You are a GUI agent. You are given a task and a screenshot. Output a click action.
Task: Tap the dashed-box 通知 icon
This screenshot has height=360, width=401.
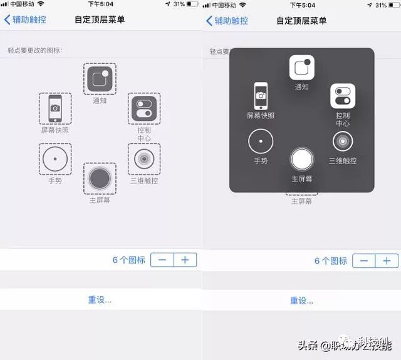(100, 79)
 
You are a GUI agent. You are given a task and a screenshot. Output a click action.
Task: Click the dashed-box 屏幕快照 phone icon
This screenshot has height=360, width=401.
(55, 109)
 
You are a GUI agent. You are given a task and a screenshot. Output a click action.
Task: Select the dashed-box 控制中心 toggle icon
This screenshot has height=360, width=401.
(144, 109)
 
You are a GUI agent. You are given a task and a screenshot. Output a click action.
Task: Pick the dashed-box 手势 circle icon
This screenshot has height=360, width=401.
(55, 159)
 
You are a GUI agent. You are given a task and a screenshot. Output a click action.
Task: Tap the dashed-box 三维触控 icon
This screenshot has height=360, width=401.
(144, 159)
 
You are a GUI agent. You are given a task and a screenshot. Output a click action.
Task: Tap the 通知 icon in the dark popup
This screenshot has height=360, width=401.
(301, 68)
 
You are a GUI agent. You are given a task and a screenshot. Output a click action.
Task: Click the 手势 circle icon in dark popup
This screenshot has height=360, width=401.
(261, 141)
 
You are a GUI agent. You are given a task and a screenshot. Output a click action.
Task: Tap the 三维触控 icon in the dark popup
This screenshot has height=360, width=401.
(343, 141)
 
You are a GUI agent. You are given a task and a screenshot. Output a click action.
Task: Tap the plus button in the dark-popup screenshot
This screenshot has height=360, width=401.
(387, 260)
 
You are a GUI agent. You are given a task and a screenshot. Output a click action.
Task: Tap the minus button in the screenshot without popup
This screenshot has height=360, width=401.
(162, 260)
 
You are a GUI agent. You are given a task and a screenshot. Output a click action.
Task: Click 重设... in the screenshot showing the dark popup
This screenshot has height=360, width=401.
(301, 301)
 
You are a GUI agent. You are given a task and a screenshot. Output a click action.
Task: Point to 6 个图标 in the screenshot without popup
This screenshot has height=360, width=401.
(129, 260)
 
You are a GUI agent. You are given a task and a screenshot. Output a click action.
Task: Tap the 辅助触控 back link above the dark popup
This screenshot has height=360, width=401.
(226, 20)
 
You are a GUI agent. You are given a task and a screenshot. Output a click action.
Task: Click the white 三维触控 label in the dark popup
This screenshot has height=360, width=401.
(343, 161)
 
